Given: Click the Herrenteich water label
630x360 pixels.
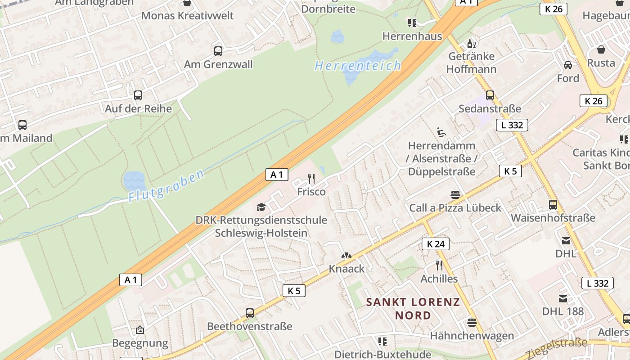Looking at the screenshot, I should point(358,66).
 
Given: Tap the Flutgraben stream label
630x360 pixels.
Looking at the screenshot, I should point(166,185).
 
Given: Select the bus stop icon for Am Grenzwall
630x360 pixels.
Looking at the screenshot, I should point(218,51).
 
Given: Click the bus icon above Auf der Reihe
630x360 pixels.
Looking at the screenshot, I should point(138,95).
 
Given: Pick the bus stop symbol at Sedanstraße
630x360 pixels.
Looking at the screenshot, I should point(490,95).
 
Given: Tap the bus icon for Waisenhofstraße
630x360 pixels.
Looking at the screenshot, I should point(553,205).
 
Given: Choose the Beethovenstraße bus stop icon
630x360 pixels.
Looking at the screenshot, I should point(250,313).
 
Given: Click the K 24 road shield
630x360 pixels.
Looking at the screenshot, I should point(436,244).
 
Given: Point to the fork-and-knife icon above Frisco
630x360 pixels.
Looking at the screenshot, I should point(311,179).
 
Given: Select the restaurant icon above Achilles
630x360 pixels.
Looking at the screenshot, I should point(439,265).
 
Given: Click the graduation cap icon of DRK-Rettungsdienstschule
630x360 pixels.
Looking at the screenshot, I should point(261,207).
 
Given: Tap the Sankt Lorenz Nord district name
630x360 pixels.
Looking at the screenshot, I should point(413,308).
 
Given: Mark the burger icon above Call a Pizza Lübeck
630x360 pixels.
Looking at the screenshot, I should point(455,195).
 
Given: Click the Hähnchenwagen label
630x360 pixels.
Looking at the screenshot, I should point(472,336).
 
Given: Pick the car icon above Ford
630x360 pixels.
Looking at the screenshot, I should point(568,65).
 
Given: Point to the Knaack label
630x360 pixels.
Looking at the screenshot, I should point(346,269).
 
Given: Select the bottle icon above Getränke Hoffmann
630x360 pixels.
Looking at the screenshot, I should point(471,44).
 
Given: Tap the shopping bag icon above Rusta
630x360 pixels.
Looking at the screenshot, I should point(601,49).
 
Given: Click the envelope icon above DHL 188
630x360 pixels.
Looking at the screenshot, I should point(563,298).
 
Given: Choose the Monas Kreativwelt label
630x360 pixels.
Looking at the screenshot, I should point(188,16).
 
